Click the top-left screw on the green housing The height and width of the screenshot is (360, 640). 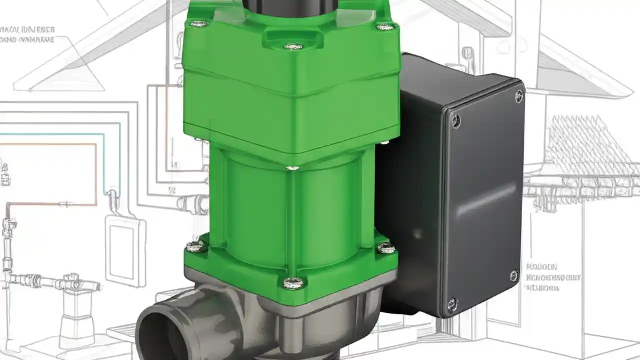[199, 24]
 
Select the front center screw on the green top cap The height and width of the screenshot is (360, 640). [293, 46]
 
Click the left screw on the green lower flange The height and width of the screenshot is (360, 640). [195, 246]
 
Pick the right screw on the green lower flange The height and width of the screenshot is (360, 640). [385, 247]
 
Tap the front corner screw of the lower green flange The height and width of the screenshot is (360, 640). [293, 283]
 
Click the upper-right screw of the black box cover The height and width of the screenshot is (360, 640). [519, 95]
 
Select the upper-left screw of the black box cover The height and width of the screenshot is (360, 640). [455, 120]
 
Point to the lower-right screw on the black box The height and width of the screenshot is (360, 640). [514, 275]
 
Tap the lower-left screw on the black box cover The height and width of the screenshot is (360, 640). [452, 303]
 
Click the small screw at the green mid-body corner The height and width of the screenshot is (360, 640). [293, 168]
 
